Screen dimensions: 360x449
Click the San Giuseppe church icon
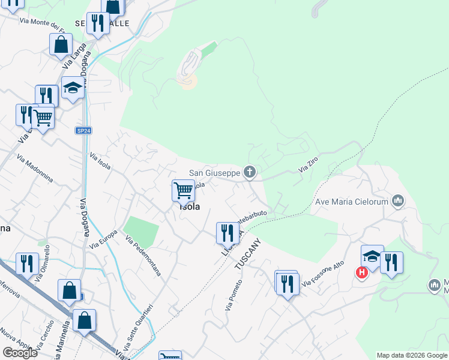[250, 173]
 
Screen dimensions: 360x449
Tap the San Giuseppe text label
[214, 173]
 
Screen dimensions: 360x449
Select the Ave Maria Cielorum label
[352, 202]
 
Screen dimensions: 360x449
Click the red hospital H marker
[361, 273]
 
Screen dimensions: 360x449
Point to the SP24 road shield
[83, 130]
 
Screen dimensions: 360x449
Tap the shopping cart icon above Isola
[183, 191]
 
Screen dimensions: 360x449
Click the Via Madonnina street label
[35, 169]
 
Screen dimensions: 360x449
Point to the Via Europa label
[103, 239]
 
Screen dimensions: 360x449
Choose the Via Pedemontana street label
[143, 256]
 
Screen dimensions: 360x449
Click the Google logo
[20, 353]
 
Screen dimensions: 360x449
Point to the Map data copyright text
[412, 355]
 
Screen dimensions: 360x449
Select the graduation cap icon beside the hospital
[372, 256]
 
